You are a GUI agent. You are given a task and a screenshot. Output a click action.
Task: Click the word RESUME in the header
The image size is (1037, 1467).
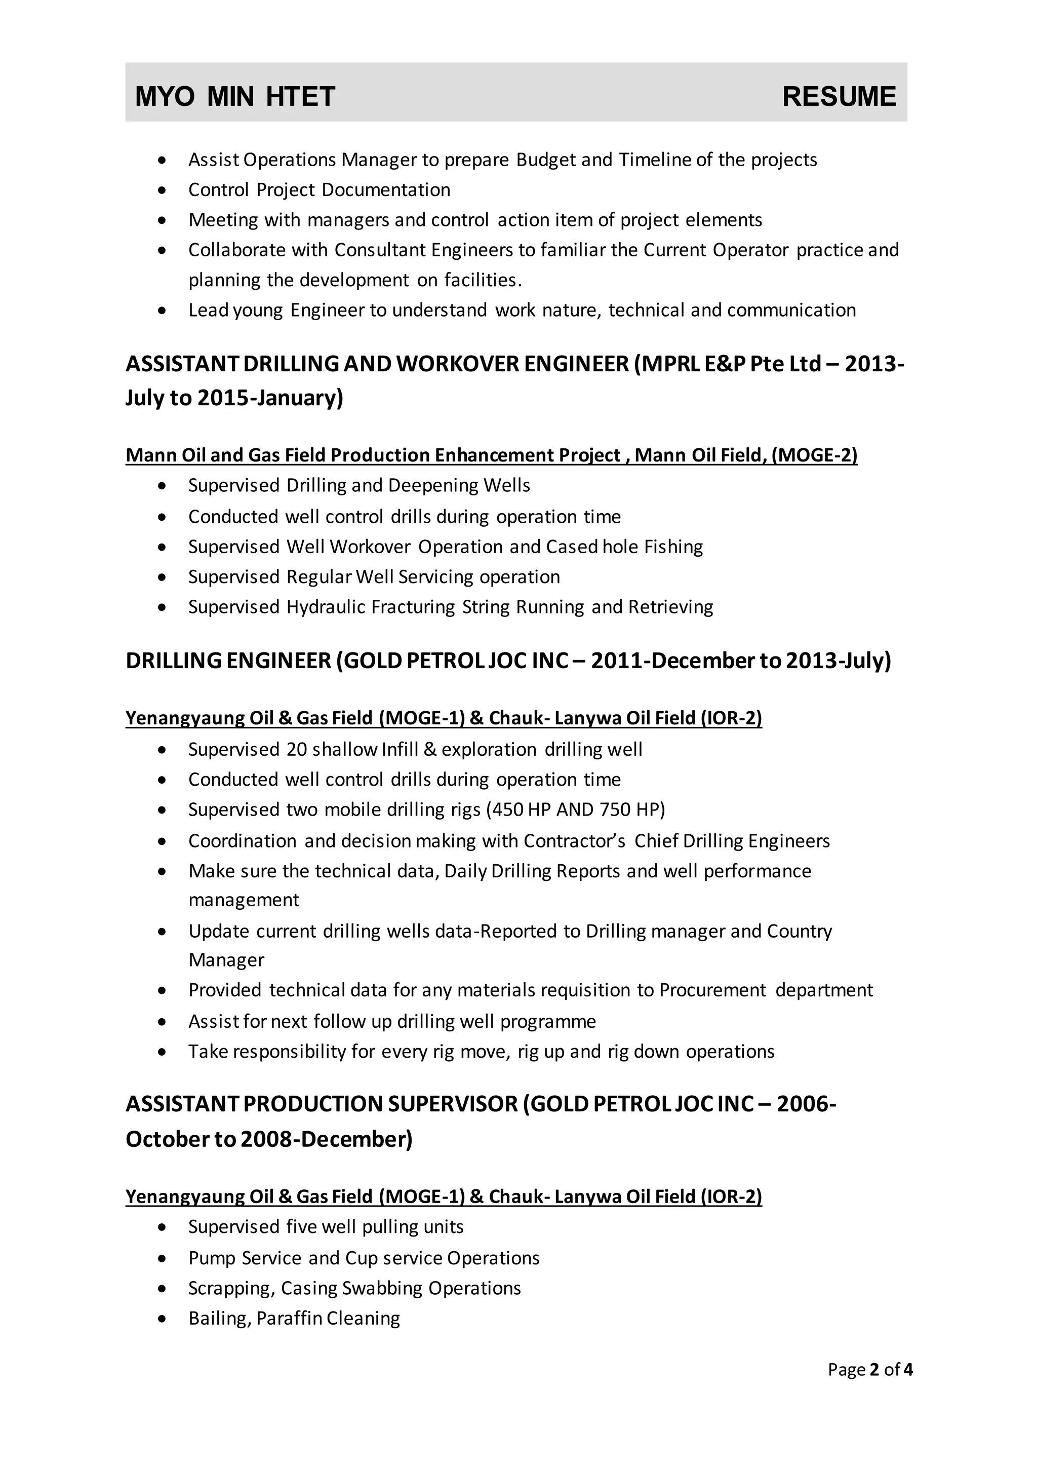tap(839, 96)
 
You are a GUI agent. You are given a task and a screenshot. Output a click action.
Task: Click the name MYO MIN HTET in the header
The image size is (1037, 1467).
tap(235, 96)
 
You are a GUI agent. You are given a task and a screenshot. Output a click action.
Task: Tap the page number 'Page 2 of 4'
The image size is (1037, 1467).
tap(870, 1369)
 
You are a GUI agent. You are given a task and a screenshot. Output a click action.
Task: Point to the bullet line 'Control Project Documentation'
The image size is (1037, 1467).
tap(320, 190)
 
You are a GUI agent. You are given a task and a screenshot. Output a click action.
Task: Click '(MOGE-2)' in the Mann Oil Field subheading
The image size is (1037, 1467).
tap(814, 455)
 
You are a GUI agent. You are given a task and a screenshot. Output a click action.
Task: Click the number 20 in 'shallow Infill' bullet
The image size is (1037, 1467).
tap(297, 750)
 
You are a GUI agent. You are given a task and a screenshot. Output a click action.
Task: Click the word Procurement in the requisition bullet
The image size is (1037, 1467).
tap(712, 990)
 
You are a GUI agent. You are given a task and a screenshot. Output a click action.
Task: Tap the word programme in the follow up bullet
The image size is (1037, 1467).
tap(548, 1022)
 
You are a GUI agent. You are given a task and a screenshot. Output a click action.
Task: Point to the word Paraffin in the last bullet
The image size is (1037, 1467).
tap(289, 1318)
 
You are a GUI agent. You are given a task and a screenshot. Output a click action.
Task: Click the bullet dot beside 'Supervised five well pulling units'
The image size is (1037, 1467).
tap(163, 1227)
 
